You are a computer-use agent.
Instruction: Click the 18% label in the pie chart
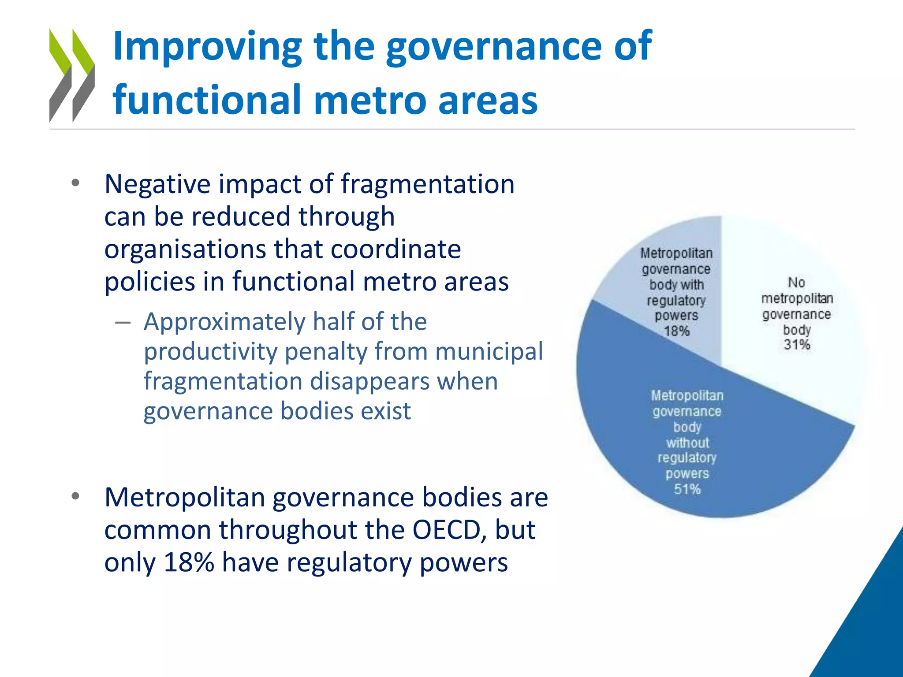coord(676,331)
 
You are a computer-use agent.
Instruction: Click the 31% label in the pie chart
coord(797,345)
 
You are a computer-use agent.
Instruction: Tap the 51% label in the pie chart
coord(687,489)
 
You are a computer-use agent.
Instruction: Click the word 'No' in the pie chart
coord(796,283)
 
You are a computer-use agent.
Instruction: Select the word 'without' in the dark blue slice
coord(687,443)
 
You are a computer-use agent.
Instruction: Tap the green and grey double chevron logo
coord(72,75)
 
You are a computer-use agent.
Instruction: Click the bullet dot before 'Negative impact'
coord(75,183)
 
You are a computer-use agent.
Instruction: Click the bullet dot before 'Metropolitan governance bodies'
coord(75,496)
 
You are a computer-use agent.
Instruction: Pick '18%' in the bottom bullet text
coord(189,562)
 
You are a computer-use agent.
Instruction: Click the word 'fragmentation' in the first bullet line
coord(427,184)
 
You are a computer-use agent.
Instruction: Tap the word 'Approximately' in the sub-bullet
coord(224,321)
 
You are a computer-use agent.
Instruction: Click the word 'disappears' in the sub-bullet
coord(369,381)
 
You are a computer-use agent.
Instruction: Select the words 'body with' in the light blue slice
coord(676,285)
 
